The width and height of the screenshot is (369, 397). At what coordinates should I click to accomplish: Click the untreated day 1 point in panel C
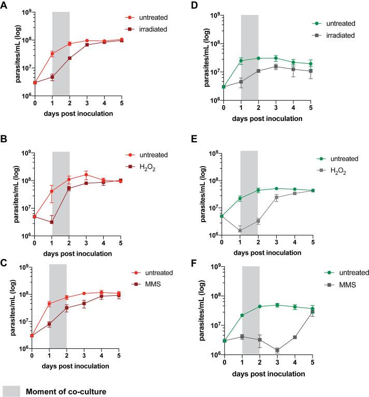click(x=49, y=304)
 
